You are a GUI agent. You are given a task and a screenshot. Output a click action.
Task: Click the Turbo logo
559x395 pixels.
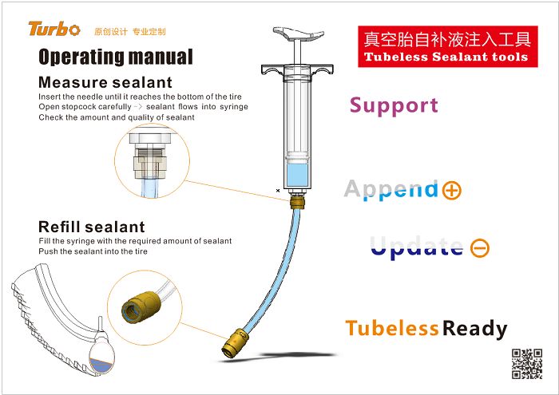click(54, 30)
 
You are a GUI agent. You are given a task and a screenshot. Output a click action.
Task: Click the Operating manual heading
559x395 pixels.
click(116, 57)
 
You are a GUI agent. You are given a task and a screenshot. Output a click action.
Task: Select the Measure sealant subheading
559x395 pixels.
click(105, 82)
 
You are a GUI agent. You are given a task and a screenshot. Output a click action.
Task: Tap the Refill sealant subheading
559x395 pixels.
click(92, 227)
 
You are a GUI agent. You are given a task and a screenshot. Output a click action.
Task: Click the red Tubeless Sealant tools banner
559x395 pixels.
click(445, 47)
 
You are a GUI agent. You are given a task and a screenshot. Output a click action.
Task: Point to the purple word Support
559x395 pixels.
click(394, 105)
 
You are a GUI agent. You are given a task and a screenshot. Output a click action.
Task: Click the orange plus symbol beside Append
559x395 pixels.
click(451, 190)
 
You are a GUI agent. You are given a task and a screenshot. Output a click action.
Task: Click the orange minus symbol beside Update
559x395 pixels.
click(480, 248)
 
